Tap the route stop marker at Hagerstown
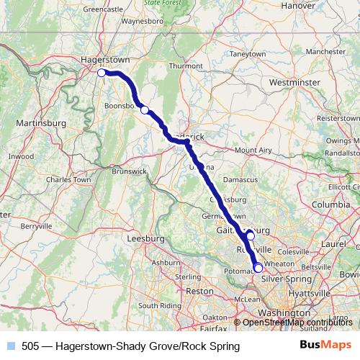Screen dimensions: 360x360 102,72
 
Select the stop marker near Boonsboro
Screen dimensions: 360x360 145,109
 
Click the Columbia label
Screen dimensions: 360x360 330,204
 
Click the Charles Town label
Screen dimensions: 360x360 68,179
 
